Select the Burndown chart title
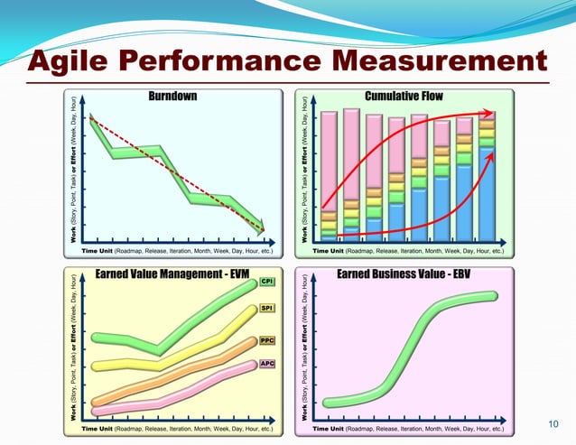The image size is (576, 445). [174, 96]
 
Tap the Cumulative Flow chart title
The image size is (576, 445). [404, 96]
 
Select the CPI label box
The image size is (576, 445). [267, 283]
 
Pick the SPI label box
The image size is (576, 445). [267, 309]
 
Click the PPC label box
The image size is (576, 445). [267, 341]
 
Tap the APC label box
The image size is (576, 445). [267, 364]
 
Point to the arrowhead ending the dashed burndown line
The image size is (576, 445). [261, 229]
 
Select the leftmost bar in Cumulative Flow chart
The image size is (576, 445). [329, 176]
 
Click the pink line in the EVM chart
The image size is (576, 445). [181, 394]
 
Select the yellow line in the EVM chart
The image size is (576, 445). [181, 357]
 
